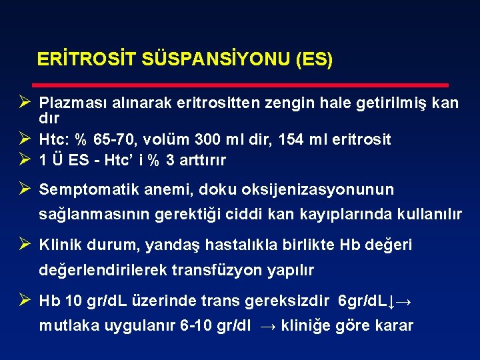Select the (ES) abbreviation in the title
click(313, 59)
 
